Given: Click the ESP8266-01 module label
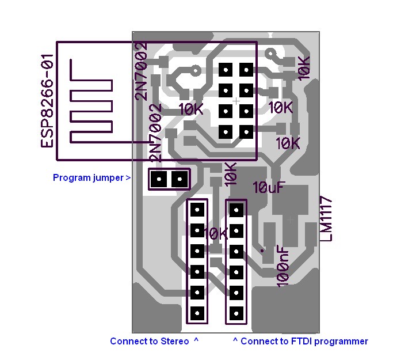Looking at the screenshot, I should point(47,101).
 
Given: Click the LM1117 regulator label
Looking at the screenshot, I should point(327,219).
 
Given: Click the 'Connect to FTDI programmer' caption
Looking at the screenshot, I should point(300,341).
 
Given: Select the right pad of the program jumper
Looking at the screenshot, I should point(180,179).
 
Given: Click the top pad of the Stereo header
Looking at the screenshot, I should point(197,209).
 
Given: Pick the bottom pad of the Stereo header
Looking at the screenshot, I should point(197,313).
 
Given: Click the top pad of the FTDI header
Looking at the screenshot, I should point(236,209).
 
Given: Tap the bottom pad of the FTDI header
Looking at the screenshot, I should point(236,314).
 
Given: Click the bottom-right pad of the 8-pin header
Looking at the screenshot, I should point(246,132).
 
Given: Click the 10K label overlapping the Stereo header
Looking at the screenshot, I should point(216,234).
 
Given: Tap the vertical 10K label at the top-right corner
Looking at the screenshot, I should point(303,67).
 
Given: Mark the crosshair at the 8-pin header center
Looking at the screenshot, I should point(236,101).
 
